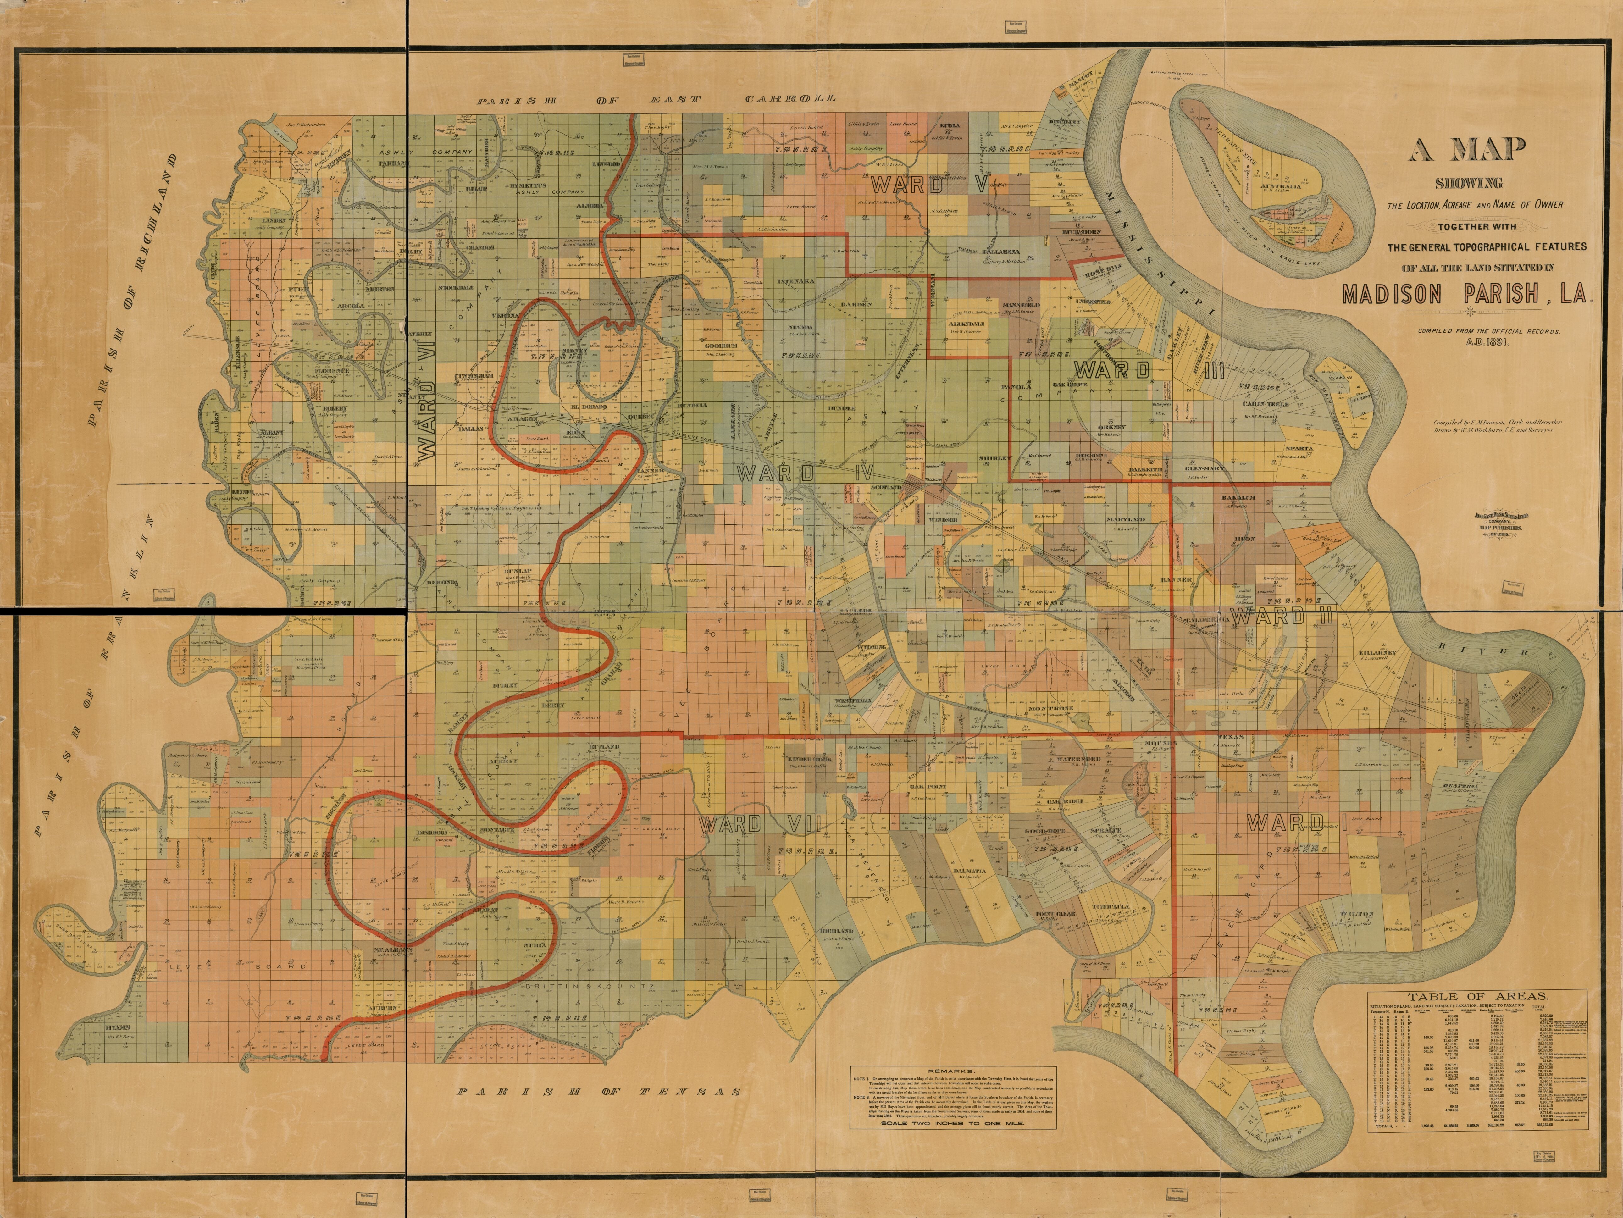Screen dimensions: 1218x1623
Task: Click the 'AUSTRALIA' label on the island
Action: tap(1281, 186)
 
